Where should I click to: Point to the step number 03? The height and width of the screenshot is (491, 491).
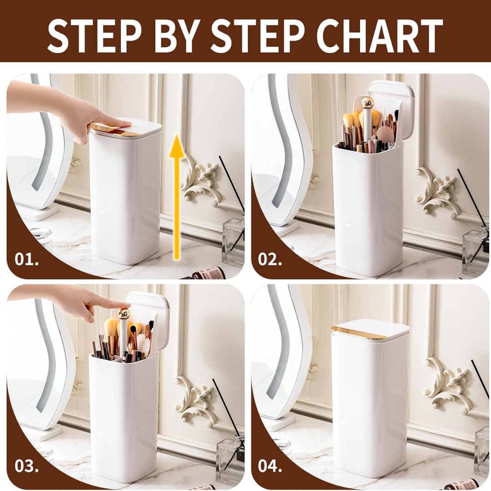(27, 466)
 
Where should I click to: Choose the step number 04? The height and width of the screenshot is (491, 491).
(270, 466)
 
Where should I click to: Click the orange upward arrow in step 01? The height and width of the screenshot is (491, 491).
(177, 197)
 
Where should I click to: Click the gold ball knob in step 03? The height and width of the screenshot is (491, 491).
(124, 314)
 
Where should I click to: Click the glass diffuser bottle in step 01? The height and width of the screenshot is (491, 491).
(233, 241)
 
